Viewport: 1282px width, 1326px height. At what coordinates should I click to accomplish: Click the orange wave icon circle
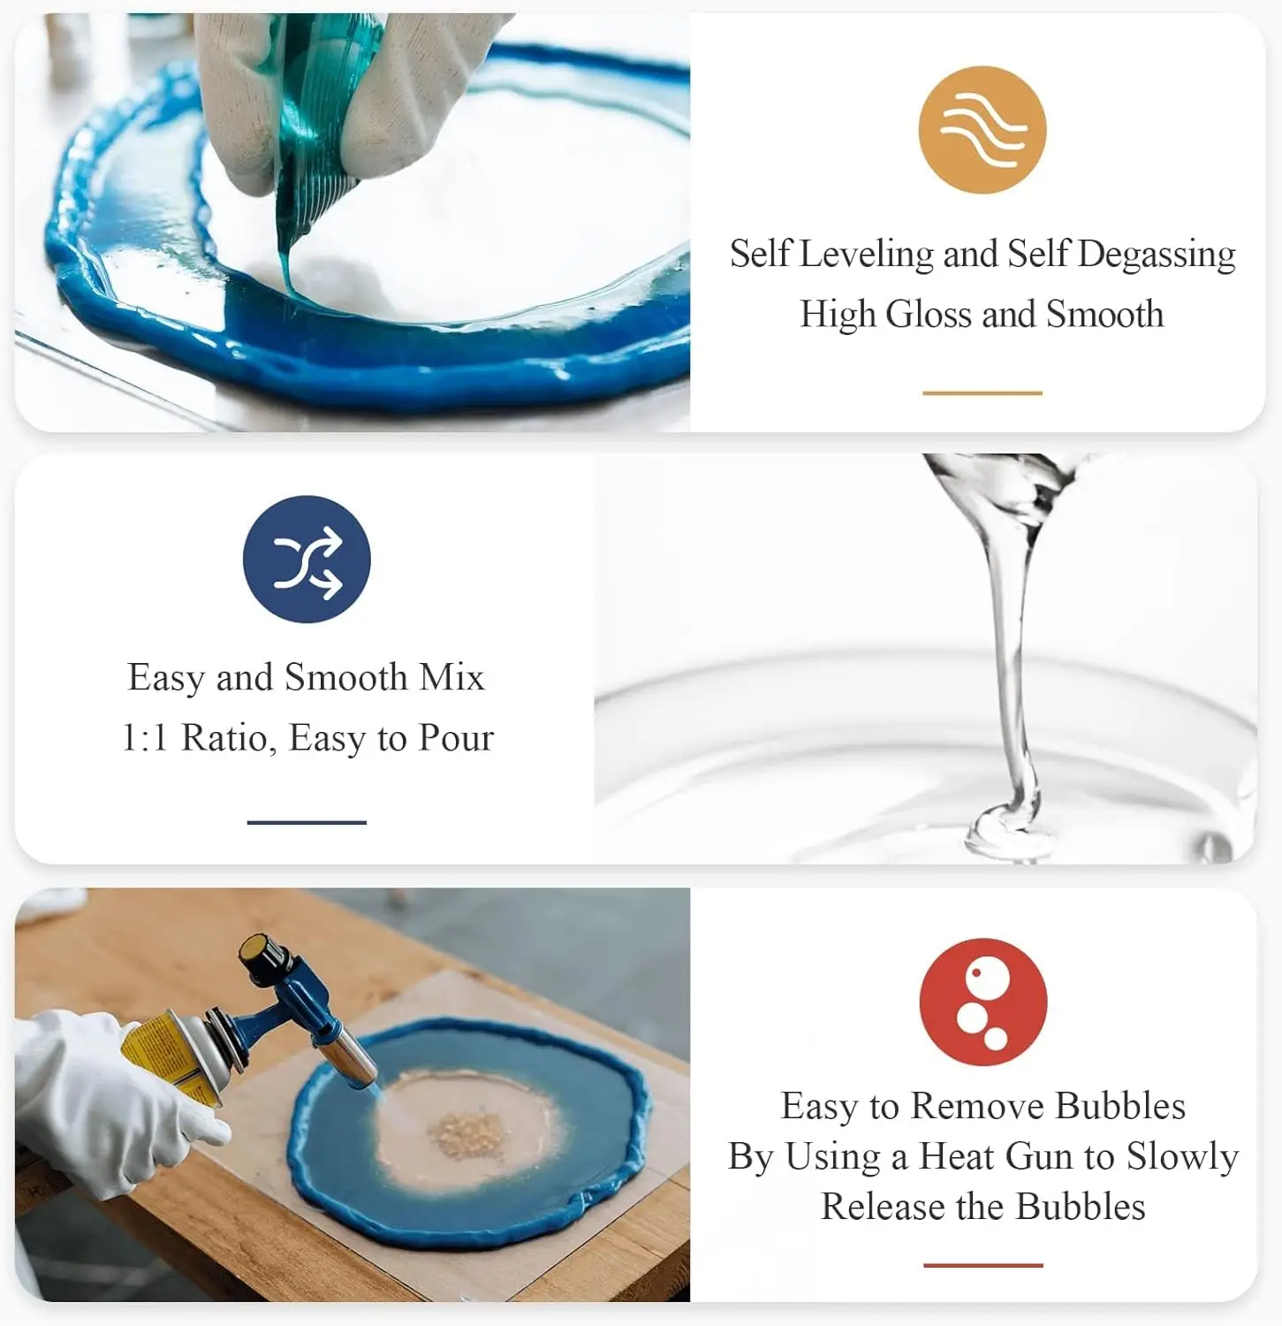pos(982,130)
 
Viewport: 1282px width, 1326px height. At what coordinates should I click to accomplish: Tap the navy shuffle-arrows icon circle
pos(307,559)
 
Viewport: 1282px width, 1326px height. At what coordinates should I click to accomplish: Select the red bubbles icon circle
pos(982,1002)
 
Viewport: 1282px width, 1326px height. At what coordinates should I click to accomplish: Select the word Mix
pos(451,677)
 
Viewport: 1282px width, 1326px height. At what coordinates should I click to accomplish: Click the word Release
pos(884,1207)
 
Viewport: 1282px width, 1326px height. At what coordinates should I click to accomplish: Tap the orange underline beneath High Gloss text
pos(982,392)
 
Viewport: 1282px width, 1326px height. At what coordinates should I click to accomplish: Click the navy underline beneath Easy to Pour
pos(307,822)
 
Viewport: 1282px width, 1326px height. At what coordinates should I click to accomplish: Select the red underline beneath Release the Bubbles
pos(982,1265)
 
